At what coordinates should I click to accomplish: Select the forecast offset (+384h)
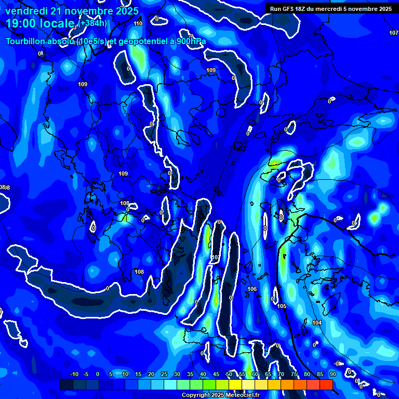tap(92, 23)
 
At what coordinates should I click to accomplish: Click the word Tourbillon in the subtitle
tap(26, 42)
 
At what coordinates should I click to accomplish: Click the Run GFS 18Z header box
tap(330, 9)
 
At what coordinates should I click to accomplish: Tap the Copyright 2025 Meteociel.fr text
tap(220, 395)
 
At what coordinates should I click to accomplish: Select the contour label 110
tap(138, 24)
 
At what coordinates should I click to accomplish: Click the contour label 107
tap(393, 33)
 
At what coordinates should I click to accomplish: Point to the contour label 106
tap(252, 289)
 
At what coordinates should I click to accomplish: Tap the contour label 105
tap(282, 306)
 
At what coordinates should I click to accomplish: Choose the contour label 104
tap(317, 323)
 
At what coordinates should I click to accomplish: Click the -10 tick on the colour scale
tap(74, 375)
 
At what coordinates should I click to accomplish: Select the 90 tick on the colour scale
tap(332, 375)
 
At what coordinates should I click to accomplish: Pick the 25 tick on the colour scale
tap(164, 375)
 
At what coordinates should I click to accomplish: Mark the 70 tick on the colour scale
tap(281, 375)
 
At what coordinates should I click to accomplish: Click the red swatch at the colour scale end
tap(326, 384)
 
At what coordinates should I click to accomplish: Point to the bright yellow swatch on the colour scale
tap(235, 384)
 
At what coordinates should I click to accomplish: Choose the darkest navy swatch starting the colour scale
tap(66, 384)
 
